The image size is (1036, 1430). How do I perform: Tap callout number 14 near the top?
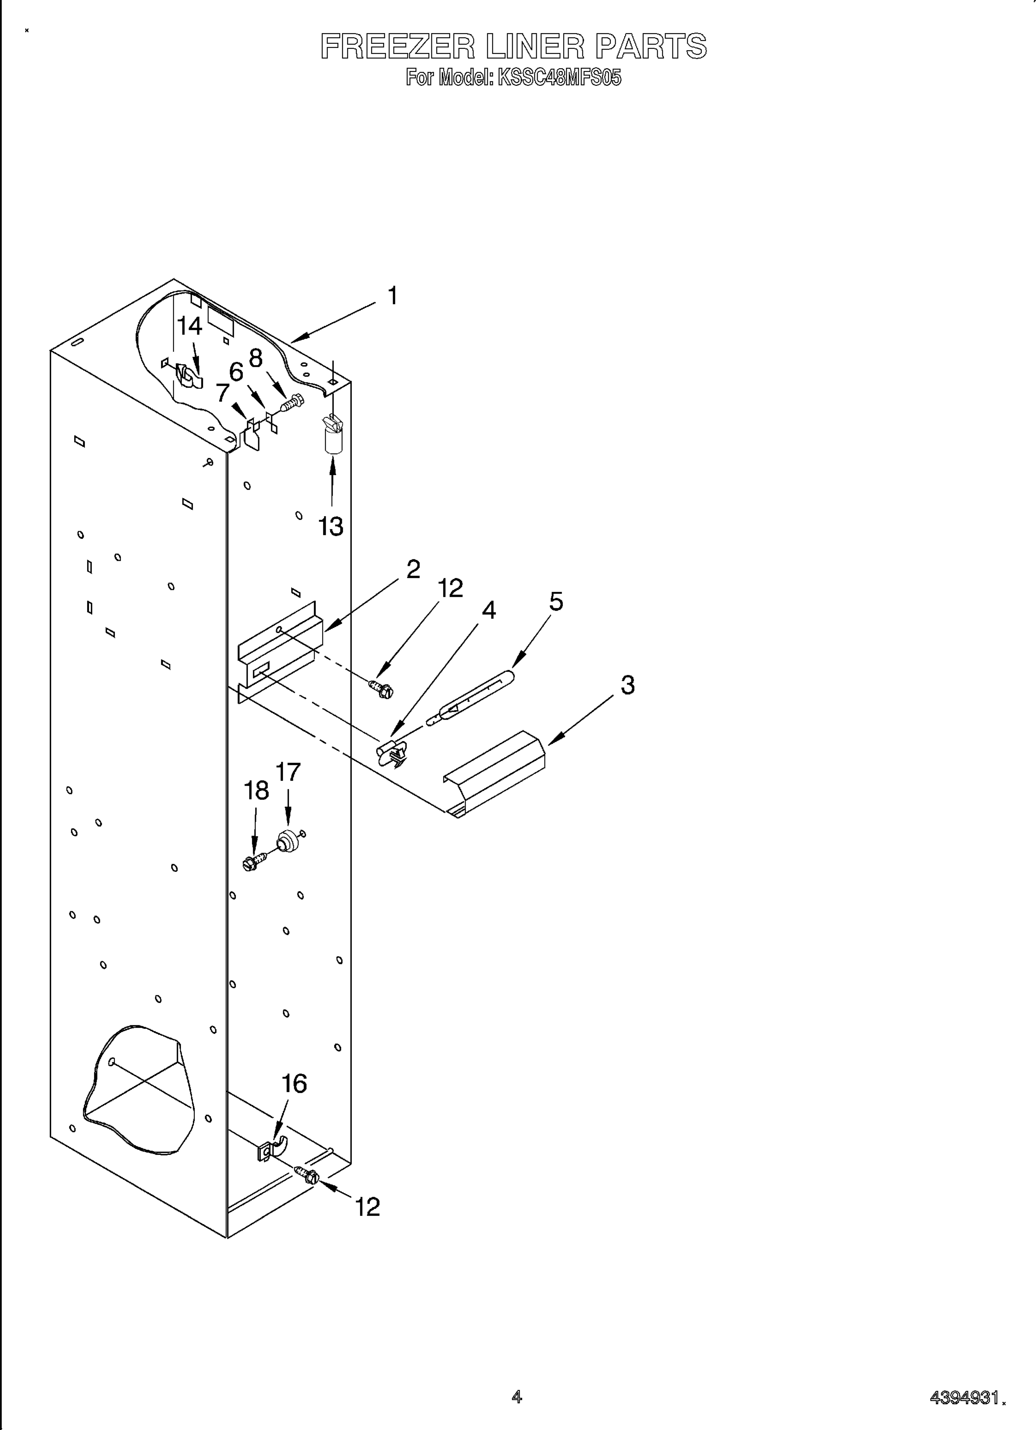click(189, 326)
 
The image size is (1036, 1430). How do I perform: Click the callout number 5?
click(556, 601)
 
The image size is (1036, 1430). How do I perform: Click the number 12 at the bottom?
click(367, 1207)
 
